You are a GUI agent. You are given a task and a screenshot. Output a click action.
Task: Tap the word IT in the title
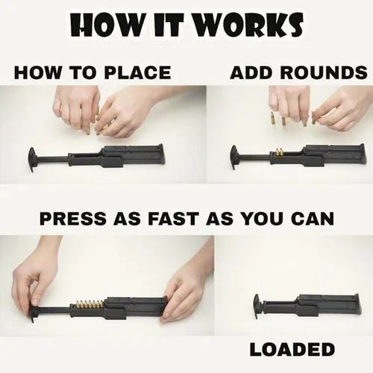coord(172,25)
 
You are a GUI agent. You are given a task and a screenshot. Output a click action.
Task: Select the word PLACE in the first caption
coord(137,72)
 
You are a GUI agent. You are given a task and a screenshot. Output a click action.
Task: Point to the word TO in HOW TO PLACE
coord(83,72)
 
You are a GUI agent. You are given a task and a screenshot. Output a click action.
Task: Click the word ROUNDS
coord(324,72)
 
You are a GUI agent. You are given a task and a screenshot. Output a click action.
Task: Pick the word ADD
coord(251,72)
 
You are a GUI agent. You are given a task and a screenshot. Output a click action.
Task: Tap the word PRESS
coord(72,219)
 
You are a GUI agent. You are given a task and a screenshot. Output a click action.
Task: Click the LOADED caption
coord(292,349)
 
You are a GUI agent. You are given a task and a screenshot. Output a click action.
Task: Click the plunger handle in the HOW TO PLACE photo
coord(32,159)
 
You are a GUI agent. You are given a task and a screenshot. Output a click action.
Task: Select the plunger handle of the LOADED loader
coord(257,306)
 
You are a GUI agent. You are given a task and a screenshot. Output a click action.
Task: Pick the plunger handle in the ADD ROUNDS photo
coord(234,157)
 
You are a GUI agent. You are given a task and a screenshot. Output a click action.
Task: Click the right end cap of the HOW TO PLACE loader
coord(161,154)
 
